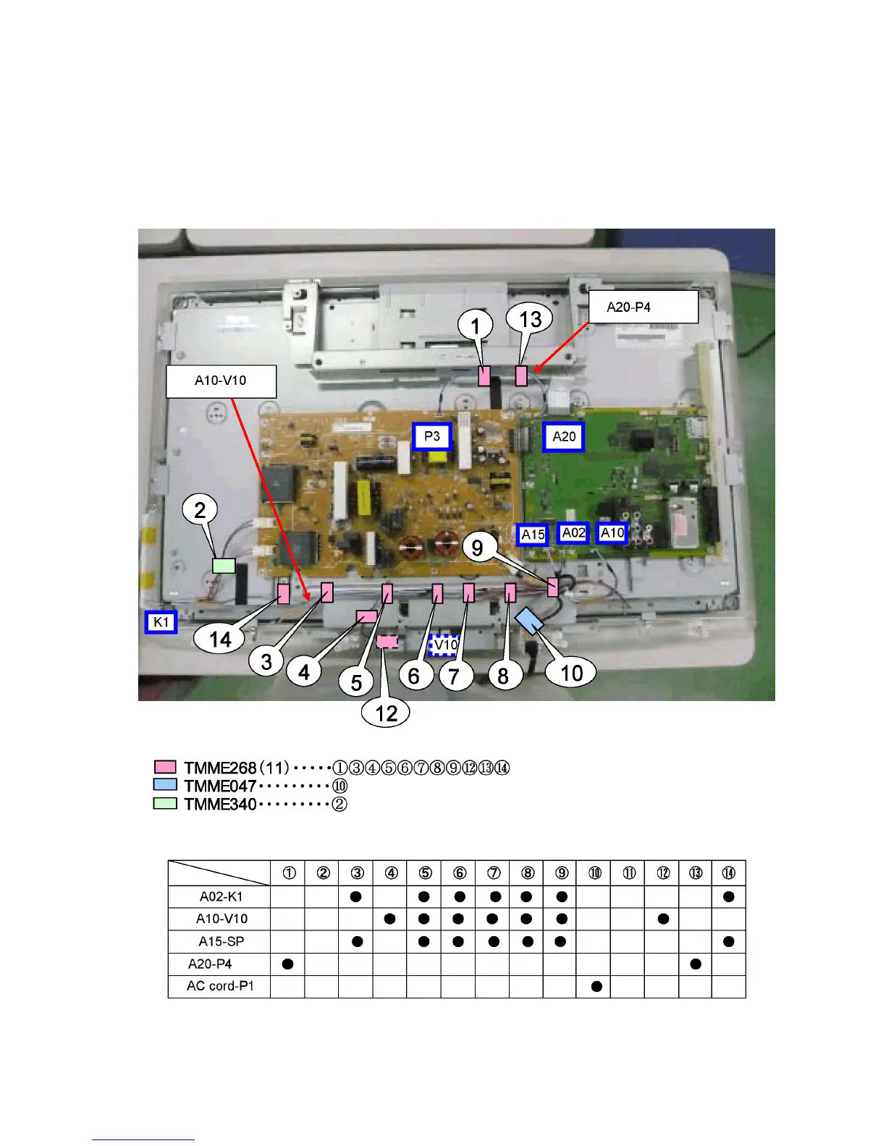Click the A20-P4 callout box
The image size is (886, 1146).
click(642, 307)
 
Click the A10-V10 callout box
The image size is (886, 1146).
click(221, 381)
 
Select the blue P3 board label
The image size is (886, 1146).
click(432, 436)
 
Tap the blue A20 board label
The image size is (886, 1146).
click(564, 436)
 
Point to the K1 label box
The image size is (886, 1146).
click(161, 622)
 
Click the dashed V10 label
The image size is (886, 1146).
click(445, 644)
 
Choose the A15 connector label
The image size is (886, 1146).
click(533, 535)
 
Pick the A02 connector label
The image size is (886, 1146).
click(574, 533)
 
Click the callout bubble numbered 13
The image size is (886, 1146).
click(530, 319)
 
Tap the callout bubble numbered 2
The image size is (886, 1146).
click(201, 510)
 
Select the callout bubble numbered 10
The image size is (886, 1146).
click(571, 673)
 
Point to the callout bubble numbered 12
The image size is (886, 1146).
click(386, 713)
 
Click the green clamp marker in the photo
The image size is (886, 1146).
click(224, 565)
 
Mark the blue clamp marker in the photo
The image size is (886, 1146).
click(531, 620)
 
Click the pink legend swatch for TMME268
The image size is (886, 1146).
click(165, 767)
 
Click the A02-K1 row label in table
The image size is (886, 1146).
click(221, 896)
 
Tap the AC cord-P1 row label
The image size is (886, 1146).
click(220, 986)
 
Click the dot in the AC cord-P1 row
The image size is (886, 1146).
click(596, 986)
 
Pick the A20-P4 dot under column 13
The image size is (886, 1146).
click(696, 964)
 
